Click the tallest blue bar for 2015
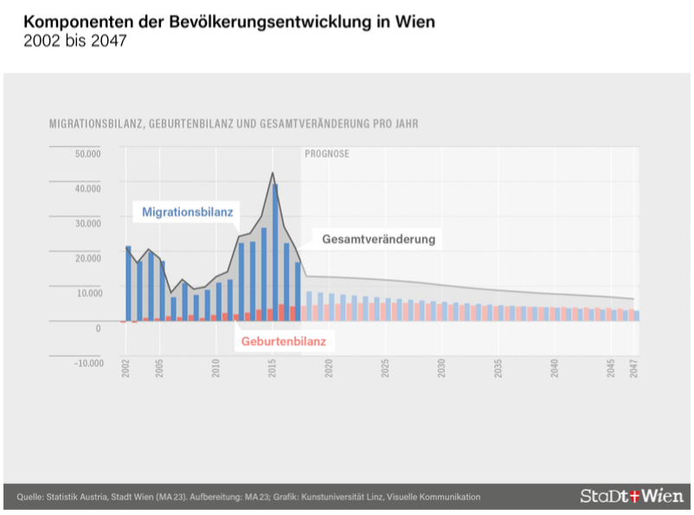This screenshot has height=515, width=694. click(x=275, y=251)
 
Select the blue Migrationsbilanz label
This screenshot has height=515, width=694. click(x=181, y=210)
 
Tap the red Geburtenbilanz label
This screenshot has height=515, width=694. click(x=283, y=341)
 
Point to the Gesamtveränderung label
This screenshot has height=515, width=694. click(x=378, y=239)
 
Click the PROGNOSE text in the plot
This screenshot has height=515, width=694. click(x=327, y=154)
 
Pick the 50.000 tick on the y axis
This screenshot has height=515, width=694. click(x=89, y=154)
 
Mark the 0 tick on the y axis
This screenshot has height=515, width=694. click(x=99, y=328)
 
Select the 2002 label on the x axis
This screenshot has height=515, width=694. click(x=126, y=368)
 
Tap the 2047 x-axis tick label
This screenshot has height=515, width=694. click(x=634, y=368)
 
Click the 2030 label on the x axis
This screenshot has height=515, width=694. click(x=442, y=368)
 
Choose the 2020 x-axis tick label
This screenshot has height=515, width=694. click(x=330, y=368)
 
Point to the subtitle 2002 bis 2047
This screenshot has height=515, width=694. click(x=76, y=42)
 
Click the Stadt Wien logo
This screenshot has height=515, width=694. click(x=632, y=496)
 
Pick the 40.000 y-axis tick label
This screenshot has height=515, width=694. click(x=89, y=188)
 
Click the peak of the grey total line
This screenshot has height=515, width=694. click(x=273, y=172)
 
